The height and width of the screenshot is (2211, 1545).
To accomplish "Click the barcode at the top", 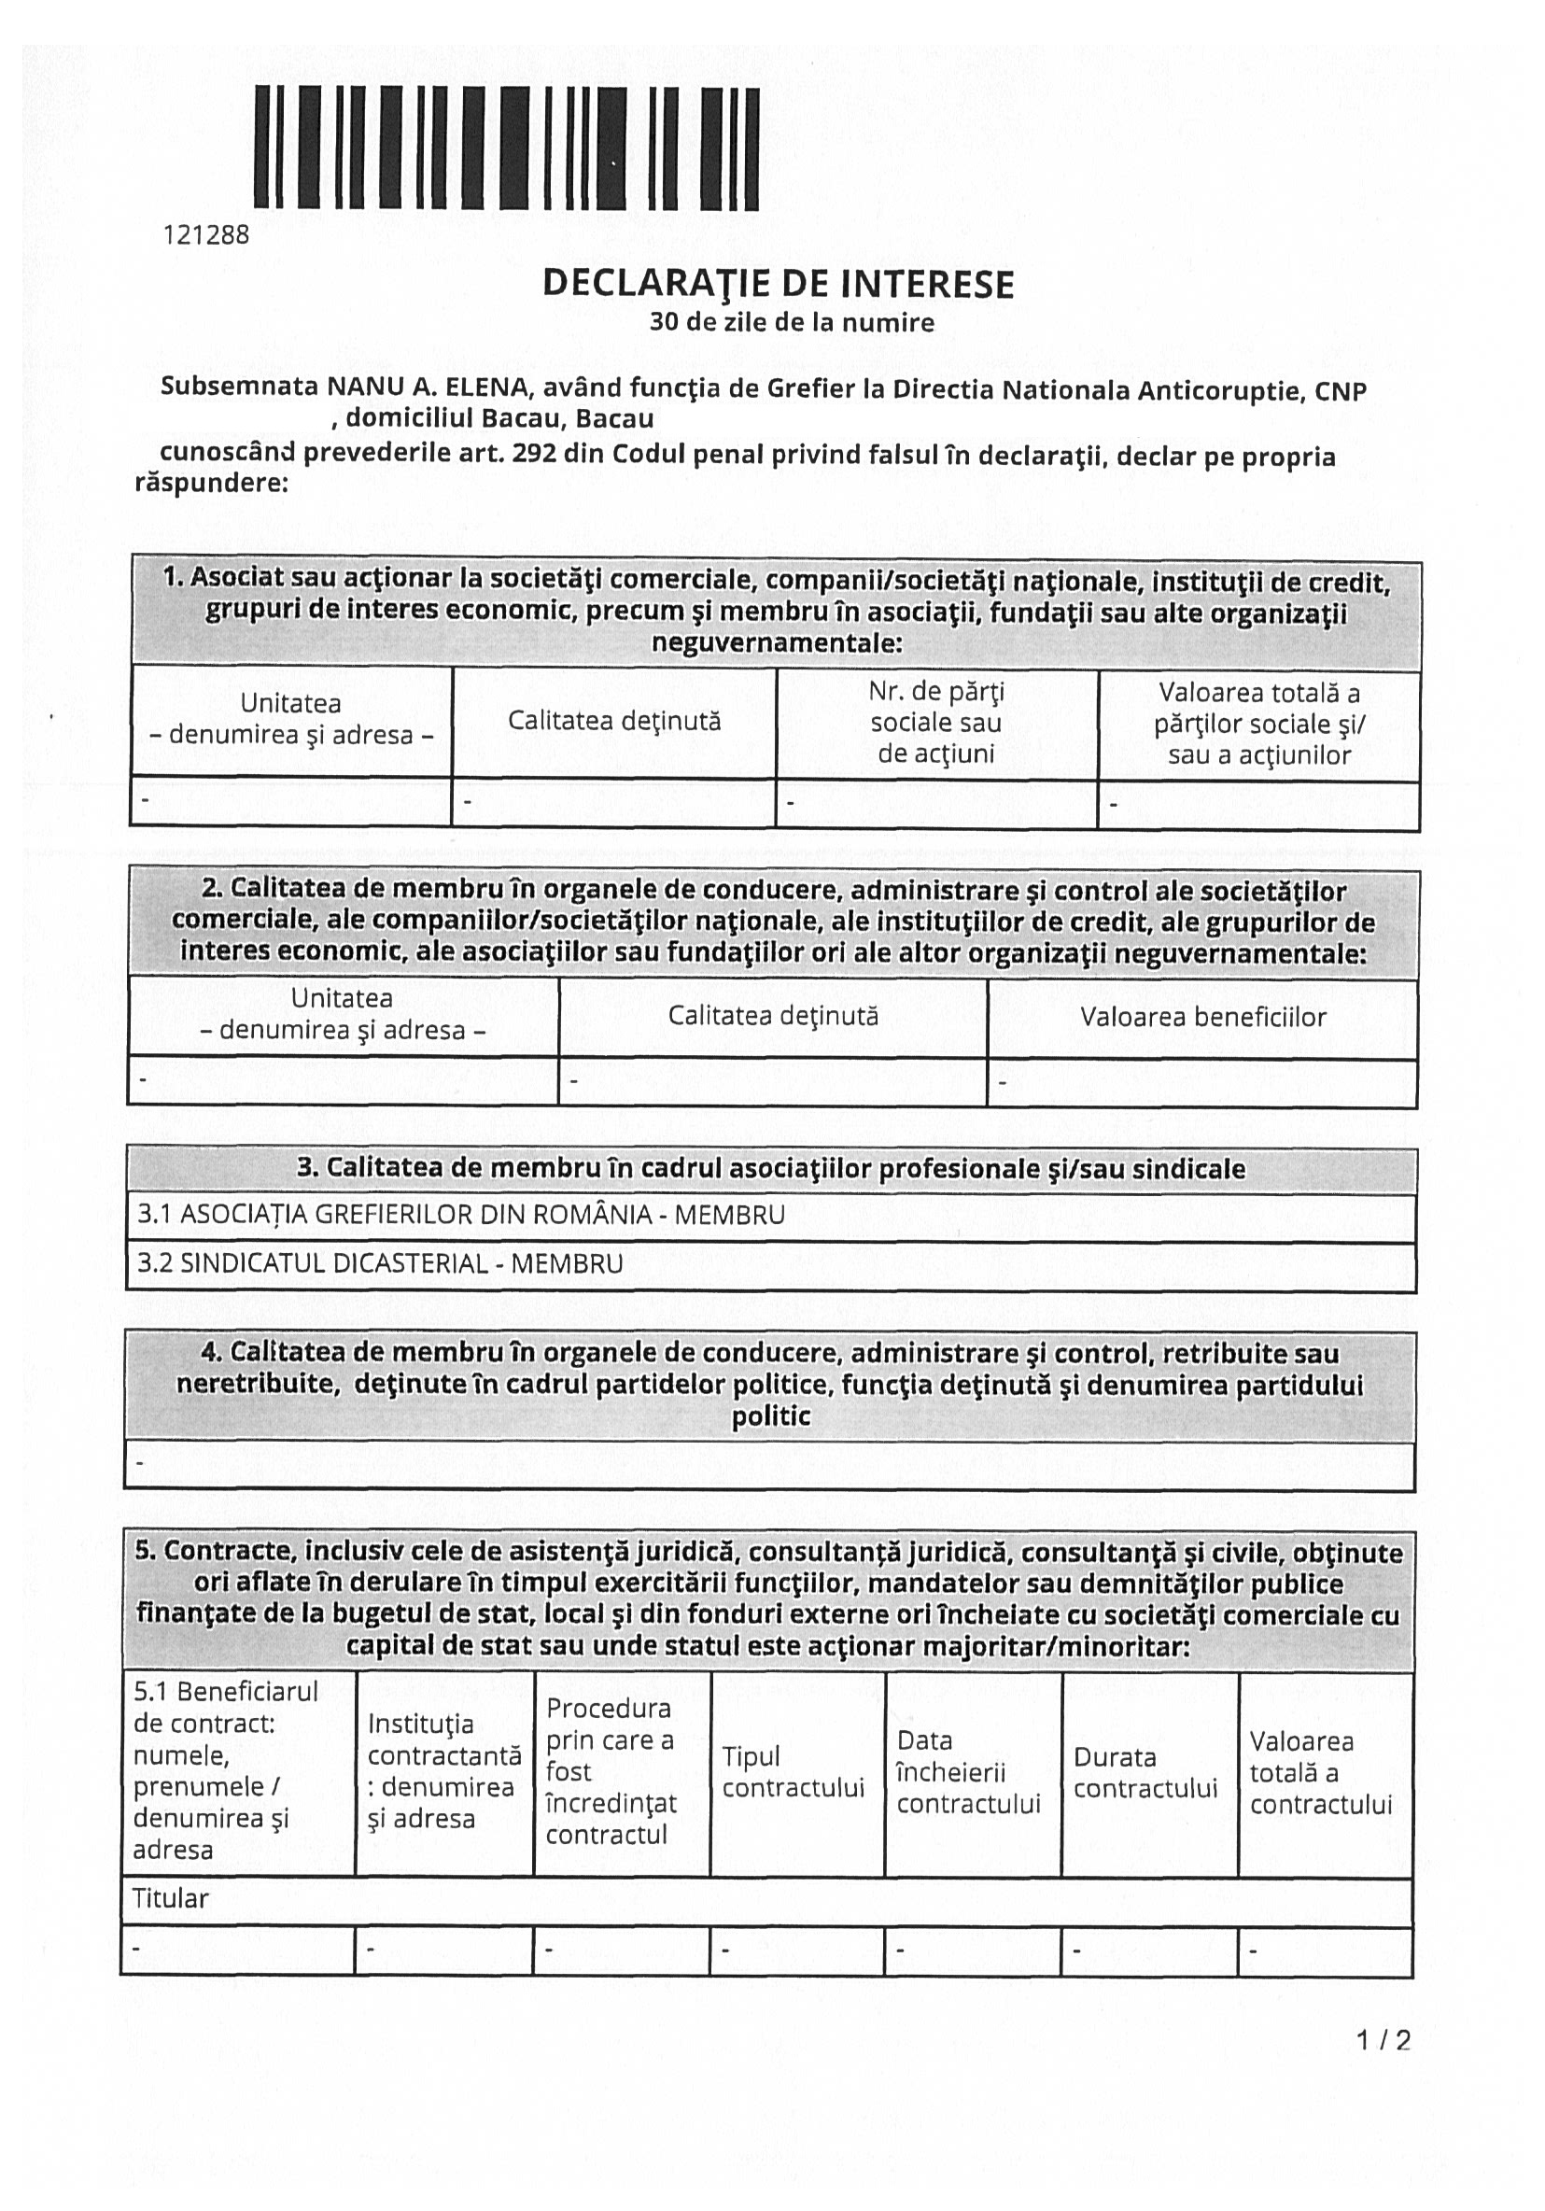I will click(506, 148).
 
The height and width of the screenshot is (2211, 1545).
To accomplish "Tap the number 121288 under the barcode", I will click(206, 235).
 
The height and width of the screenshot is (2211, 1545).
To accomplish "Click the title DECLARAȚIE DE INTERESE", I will click(778, 283).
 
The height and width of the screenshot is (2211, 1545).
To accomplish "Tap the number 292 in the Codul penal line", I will click(533, 454).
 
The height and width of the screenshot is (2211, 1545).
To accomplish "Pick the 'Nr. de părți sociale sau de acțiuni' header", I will click(935, 723).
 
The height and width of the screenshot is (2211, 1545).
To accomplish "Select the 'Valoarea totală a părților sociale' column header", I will click(1259, 724).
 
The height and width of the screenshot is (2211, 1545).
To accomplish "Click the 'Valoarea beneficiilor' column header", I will click(1202, 1017).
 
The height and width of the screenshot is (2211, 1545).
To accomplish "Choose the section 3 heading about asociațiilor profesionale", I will click(770, 1168).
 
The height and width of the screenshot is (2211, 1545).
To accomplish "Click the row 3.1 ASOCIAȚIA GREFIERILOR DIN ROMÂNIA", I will click(461, 1215).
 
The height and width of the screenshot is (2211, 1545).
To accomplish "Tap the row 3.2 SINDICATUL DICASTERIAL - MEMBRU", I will click(380, 1263).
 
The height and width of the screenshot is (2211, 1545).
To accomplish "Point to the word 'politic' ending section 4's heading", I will click(770, 1416).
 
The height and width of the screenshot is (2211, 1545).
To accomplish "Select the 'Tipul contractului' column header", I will click(794, 1772).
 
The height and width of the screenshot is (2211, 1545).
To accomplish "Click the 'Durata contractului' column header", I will click(1145, 1773).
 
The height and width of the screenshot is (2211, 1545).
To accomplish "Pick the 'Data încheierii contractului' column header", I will click(968, 1772).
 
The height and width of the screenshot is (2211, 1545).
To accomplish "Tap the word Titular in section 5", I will click(171, 1898).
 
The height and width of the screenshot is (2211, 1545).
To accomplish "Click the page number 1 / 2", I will click(1383, 2039).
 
